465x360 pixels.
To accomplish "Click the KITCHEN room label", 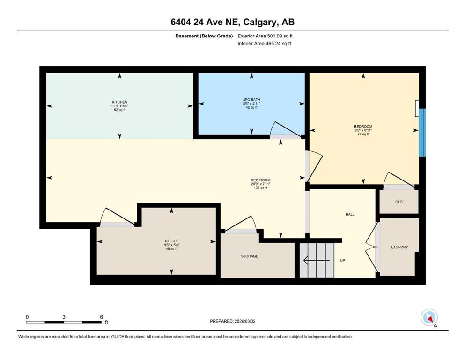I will [x=119, y=102].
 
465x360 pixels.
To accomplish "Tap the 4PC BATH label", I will [x=252, y=99].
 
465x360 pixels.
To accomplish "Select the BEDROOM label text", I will [x=363, y=127].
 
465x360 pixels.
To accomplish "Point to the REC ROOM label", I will [x=260, y=180].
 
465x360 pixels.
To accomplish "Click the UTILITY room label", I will [x=171, y=240].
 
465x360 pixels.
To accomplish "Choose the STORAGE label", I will [x=250, y=256].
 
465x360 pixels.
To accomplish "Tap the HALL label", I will [x=350, y=214].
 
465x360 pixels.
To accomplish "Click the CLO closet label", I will [x=399, y=202].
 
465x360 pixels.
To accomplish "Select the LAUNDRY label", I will [x=399, y=247].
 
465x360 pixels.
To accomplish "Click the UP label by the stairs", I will [x=342, y=260].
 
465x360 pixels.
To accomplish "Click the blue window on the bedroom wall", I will [x=422, y=133].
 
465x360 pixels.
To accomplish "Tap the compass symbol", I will [x=429, y=318].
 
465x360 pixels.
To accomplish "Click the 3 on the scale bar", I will [x=64, y=317].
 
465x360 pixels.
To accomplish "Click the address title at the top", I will [x=232, y=22].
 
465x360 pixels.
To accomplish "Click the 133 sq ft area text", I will [x=260, y=188].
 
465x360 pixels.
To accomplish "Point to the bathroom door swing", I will [x=285, y=130].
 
